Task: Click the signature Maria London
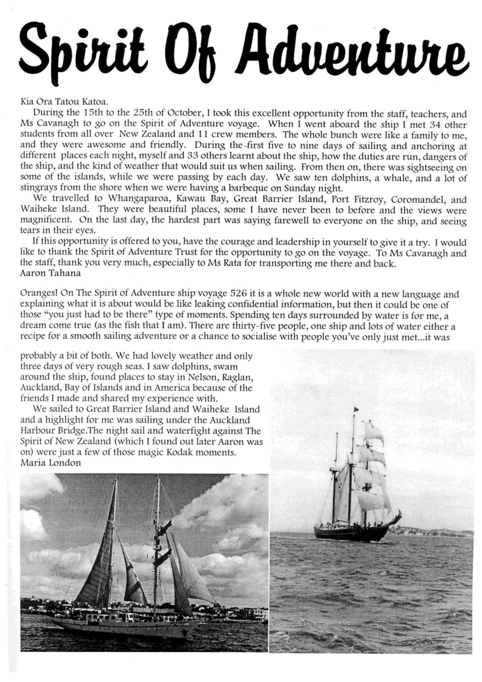(x=50, y=463)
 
